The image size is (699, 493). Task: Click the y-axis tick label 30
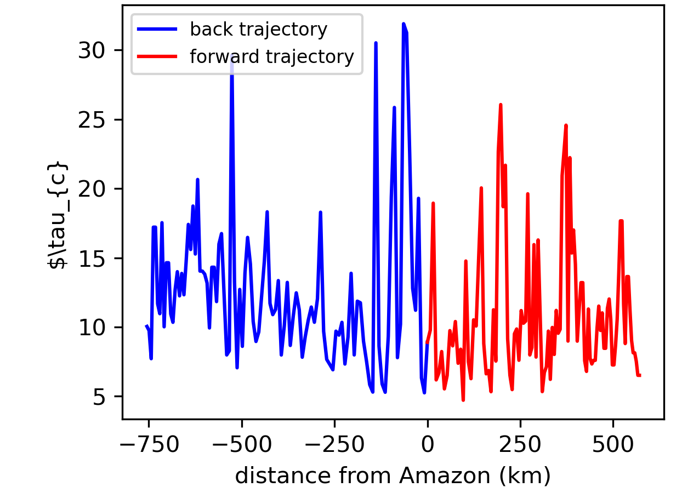91,50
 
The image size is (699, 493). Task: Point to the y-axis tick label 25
91,120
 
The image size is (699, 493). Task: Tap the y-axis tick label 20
91,189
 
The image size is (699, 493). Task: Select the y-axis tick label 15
92,259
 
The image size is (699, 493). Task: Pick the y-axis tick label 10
92,328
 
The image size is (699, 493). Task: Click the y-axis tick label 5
99,397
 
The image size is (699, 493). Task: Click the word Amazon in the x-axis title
445,475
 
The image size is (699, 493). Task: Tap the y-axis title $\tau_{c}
58,215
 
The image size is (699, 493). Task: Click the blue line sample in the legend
157,29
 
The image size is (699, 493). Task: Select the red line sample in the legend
157,56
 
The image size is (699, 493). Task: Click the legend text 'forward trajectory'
272,57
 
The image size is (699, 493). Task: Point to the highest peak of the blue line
404,24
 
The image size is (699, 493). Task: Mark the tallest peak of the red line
501,105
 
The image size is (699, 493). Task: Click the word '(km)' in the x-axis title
525,476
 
